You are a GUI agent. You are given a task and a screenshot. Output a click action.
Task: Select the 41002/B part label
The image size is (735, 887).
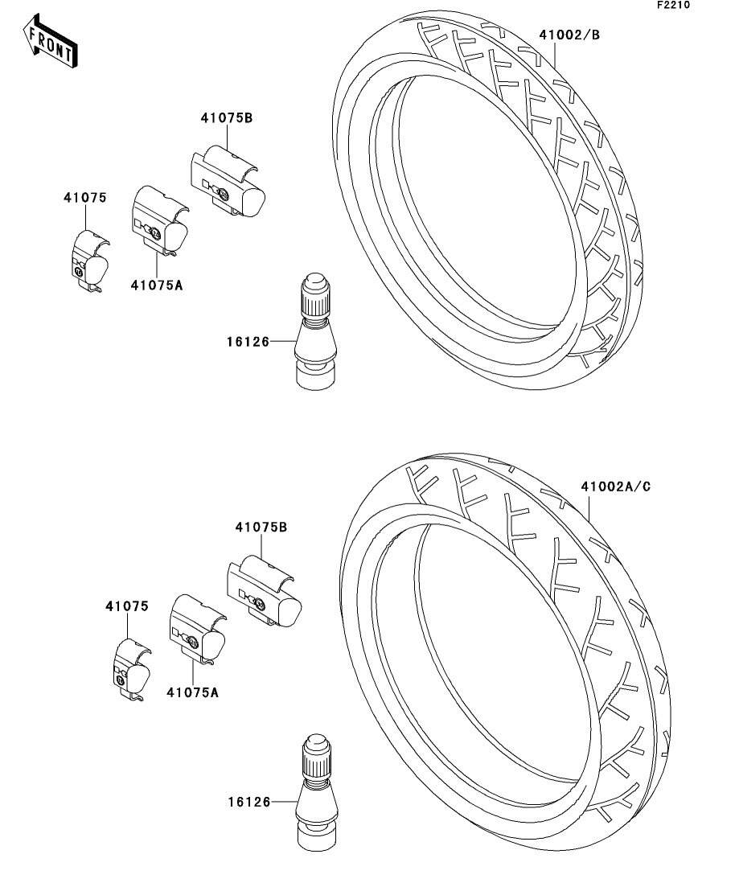pos(569,35)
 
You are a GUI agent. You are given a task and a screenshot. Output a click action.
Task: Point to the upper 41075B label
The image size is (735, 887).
pos(227,118)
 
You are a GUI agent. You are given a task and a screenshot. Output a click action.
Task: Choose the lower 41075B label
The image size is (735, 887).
pos(261,528)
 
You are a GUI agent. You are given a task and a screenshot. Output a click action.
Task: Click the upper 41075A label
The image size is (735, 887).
pos(157,285)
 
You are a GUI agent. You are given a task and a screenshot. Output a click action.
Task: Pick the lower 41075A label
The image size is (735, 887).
pos(192,691)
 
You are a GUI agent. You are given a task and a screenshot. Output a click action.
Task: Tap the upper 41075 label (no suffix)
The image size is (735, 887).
pos(85,197)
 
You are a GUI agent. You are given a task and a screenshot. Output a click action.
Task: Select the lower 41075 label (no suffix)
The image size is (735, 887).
pos(126,606)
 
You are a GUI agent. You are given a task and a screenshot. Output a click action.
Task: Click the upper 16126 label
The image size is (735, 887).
pos(246,341)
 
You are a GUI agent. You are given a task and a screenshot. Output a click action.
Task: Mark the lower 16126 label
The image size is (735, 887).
pos(248,802)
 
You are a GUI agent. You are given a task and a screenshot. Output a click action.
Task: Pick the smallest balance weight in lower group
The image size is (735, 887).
pos(131,667)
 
